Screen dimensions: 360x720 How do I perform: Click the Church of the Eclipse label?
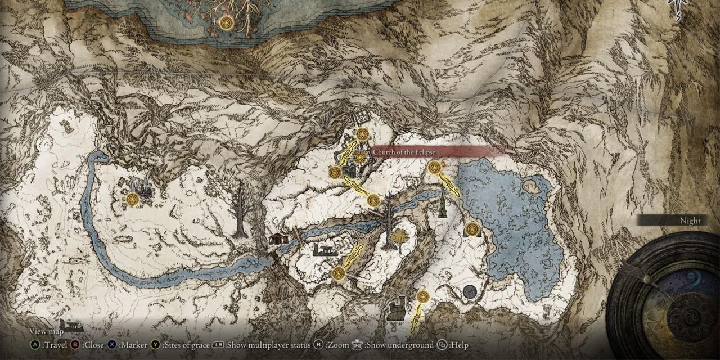438,151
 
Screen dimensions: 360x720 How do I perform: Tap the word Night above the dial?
690,221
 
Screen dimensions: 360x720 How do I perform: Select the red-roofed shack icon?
278,238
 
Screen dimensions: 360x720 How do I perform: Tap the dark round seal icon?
470,291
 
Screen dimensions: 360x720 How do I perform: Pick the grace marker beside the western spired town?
133,199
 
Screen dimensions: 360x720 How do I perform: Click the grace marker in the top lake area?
226,22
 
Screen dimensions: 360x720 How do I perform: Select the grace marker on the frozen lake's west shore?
472,229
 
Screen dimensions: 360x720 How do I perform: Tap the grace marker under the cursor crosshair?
360,157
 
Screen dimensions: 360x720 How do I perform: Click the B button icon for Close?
73,345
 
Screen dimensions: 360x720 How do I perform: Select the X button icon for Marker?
112,345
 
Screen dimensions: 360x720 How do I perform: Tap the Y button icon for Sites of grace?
155,345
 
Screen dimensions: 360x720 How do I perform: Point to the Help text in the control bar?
458,345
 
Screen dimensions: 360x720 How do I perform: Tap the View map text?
46,331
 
